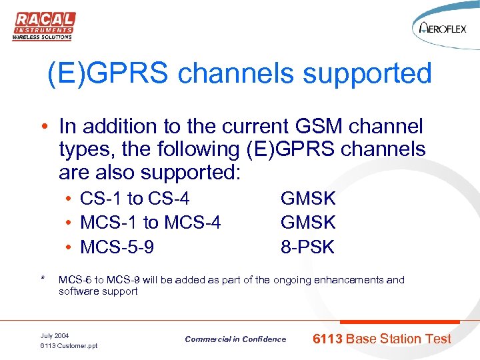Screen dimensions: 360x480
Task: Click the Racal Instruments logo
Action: pyautogui.click(x=43, y=26)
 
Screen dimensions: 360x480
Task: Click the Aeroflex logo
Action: pyautogui.click(x=446, y=29)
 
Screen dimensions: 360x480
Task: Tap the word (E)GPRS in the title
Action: pyautogui.click(x=109, y=73)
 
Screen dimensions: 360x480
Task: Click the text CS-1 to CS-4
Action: pyautogui.click(x=134, y=198)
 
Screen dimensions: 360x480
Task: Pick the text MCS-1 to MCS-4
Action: pyautogui.click(x=150, y=223)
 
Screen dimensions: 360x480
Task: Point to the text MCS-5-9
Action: pyautogui.click(x=117, y=247)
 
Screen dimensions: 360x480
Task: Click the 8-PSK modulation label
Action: pyautogui.click(x=307, y=247)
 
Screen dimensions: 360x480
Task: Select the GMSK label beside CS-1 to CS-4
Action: pyautogui.click(x=308, y=198)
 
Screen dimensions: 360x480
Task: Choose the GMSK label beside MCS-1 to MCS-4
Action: pyautogui.click(x=308, y=223)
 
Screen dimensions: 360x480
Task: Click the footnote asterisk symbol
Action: pyautogui.click(x=43, y=279)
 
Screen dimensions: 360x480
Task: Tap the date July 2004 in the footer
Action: pyautogui.click(x=54, y=335)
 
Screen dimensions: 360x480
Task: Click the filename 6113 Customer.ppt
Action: pyautogui.click(x=69, y=346)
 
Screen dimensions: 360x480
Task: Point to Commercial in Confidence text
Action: pyautogui.click(x=235, y=339)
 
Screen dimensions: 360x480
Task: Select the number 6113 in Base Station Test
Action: pyautogui.click(x=327, y=339)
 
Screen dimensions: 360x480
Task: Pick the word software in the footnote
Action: pyautogui.click(x=78, y=291)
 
